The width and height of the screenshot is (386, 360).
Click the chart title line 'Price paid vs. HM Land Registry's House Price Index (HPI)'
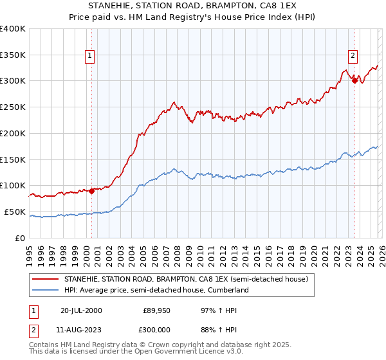(193, 17)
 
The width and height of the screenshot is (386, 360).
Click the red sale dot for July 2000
(92, 190)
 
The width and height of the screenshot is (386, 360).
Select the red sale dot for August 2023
(354, 80)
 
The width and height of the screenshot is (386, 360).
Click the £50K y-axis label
(14, 212)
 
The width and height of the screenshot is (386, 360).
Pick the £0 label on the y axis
(21, 238)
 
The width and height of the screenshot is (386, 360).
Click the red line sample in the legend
(46, 280)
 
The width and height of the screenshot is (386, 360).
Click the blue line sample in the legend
(46, 291)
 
